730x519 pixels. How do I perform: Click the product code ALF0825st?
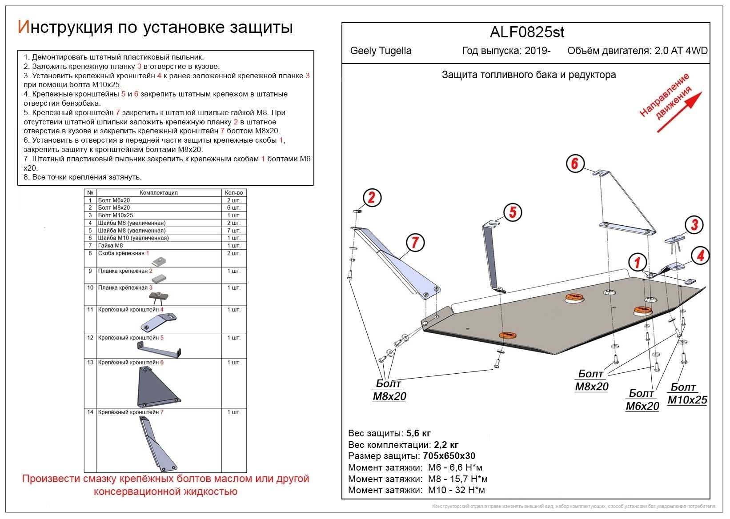click(x=527, y=32)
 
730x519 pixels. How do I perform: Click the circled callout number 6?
click(x=574, y=164)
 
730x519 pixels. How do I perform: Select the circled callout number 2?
click(x=372, y=198)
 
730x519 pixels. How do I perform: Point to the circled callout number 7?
click(x=415, y=243)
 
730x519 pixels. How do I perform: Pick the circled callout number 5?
click(x=512, y=212)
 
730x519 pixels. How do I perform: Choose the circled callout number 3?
click(x=694, y=225)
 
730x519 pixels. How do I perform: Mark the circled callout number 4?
click(x=700, y=256)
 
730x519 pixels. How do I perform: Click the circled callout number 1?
click(x=637, y=262)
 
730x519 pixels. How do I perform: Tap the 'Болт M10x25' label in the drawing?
click(x=687, y=394)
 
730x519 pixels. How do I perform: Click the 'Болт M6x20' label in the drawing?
click(x=642, y=400)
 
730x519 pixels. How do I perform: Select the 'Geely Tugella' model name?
click(x=381, y=51)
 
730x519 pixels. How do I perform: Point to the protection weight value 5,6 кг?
click(x=418, y=433)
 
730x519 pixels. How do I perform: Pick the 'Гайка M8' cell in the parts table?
click(x=110, y=245)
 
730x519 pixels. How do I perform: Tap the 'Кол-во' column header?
click(x=234, y=193)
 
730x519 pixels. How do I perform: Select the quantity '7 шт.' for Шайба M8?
click(x=234, y=231)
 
